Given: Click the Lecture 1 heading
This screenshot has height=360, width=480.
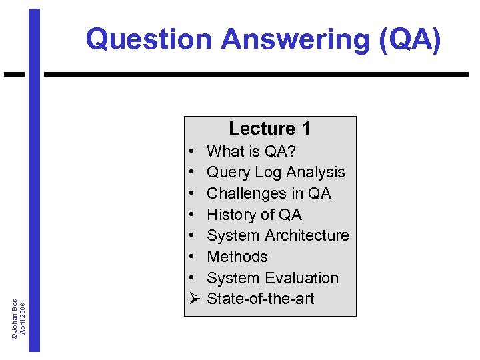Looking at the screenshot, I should click(x=269, y=128).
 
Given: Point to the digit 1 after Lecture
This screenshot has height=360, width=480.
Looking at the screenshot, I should click(x=305, y=128).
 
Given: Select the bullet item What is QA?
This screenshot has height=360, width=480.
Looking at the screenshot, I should click(x=251, y=151).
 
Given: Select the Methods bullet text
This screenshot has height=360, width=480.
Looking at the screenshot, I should click(x=237, y=257).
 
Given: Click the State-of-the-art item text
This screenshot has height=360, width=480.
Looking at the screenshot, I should click(x=260, y=299).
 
